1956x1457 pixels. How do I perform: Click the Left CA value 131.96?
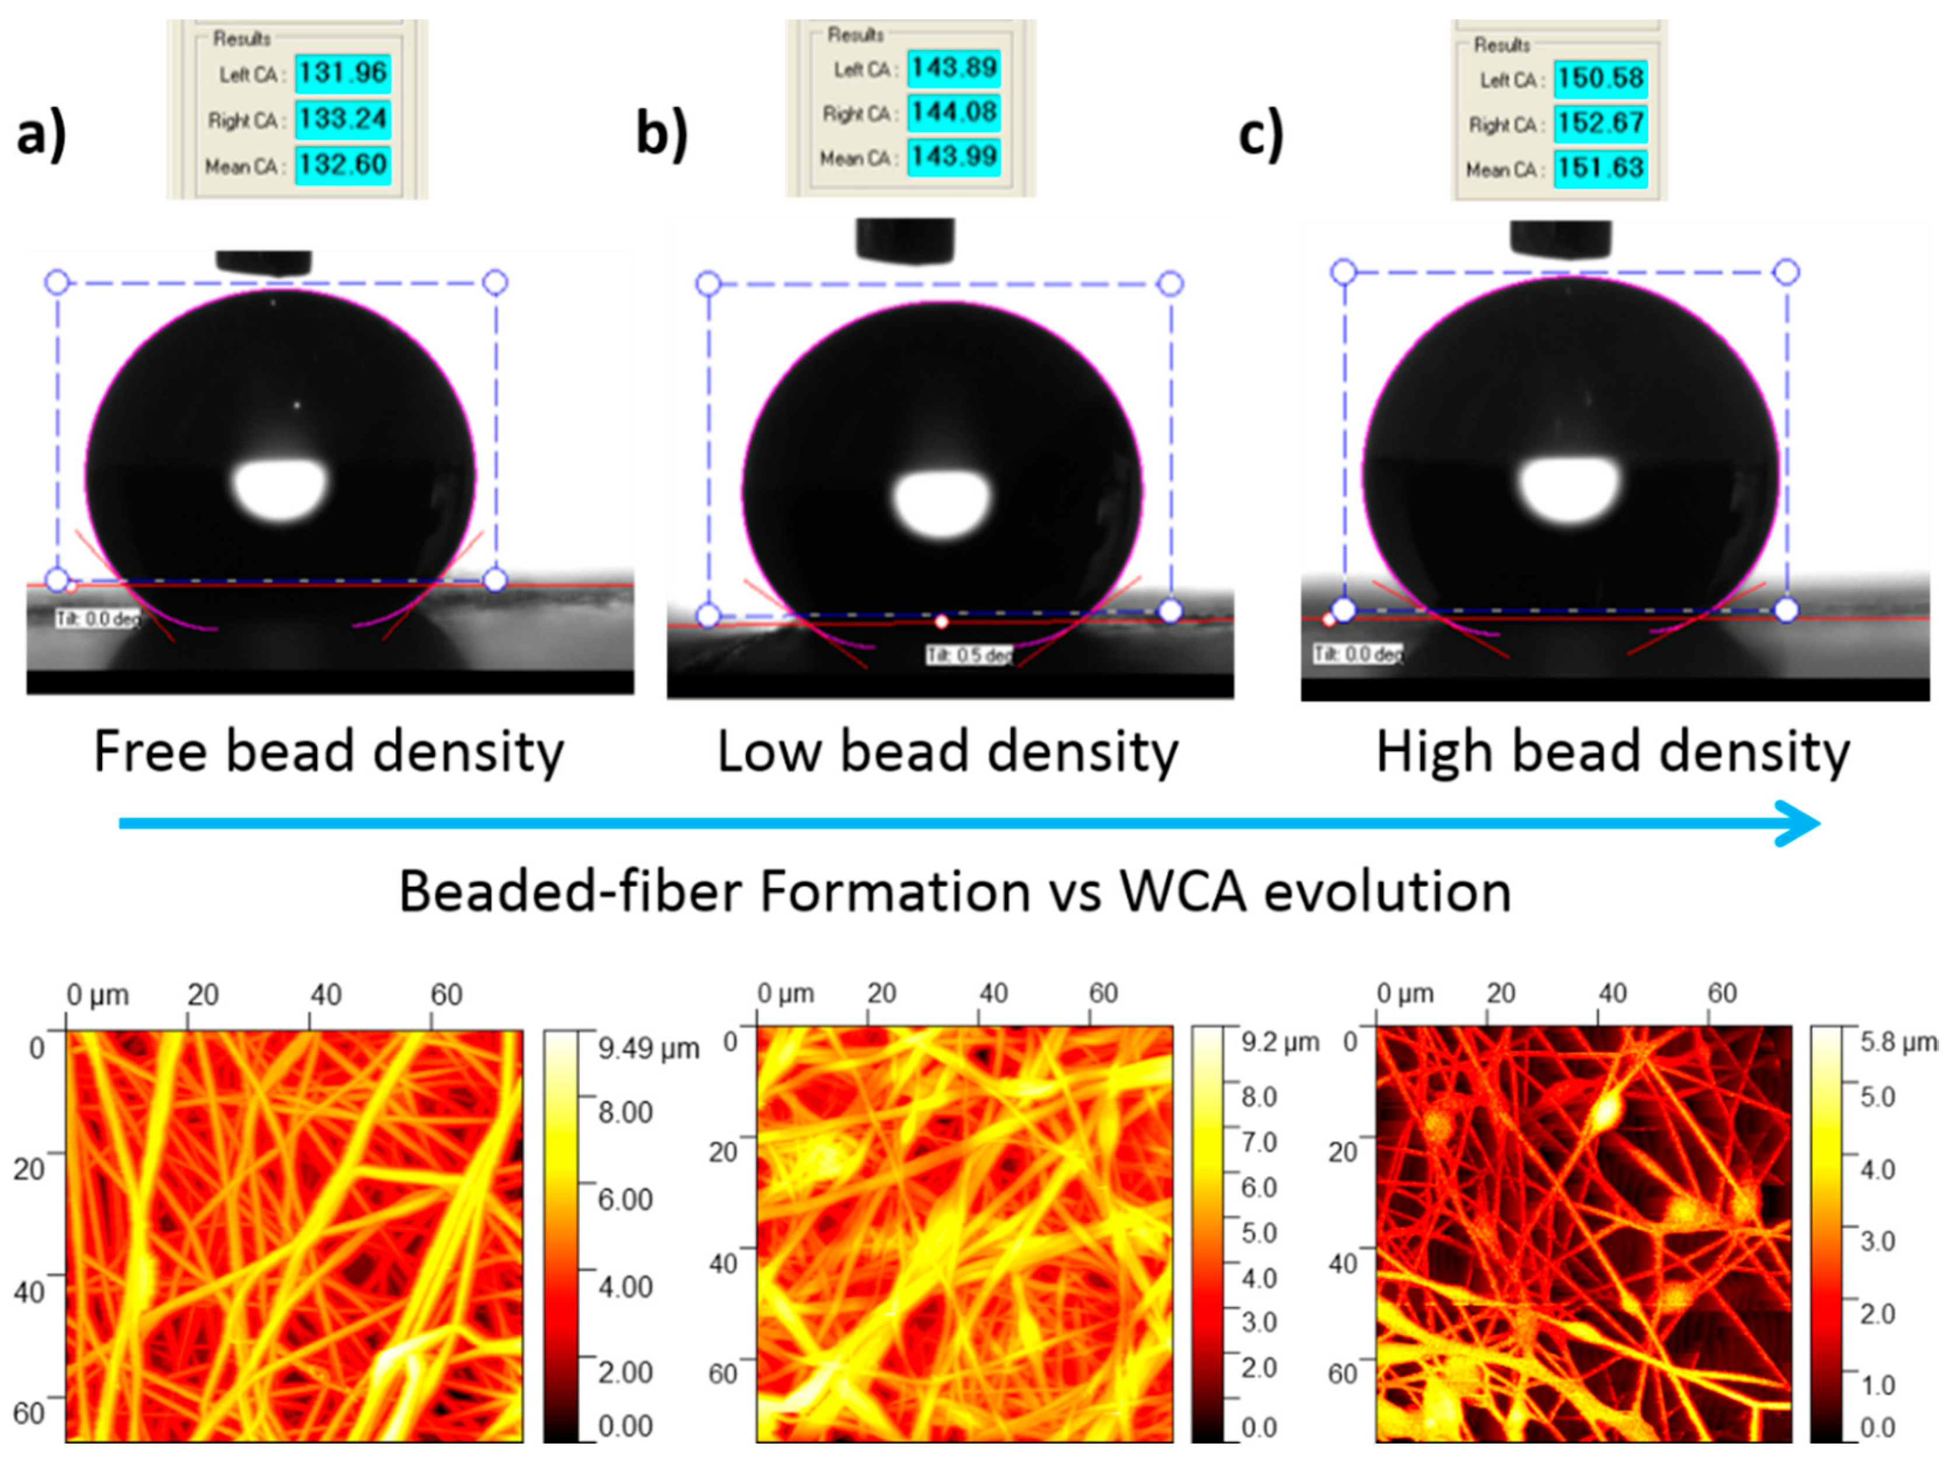342,73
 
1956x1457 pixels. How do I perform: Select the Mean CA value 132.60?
342,165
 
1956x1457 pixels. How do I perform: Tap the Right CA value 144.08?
954,113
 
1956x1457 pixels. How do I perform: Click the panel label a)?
41,135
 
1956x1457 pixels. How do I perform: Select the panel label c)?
1261,135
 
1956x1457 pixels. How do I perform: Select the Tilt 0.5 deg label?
968,655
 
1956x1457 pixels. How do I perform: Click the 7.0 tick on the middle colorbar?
1259,1142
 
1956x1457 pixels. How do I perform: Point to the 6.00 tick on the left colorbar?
625,1199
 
